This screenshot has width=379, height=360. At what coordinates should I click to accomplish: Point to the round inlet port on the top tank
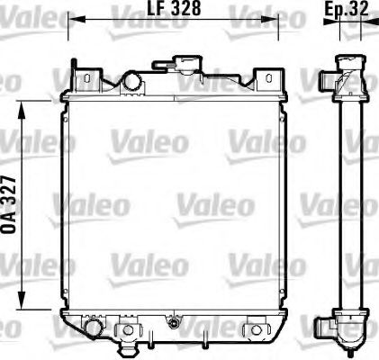coord(132,81)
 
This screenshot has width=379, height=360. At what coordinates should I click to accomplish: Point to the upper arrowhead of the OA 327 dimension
coord(23,106)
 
